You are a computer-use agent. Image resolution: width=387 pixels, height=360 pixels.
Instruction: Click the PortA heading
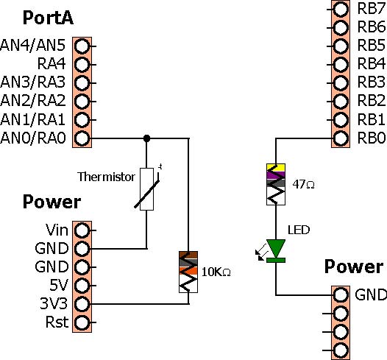pos(48,18)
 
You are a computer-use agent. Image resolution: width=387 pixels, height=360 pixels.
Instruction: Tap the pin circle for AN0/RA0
pos(82,138)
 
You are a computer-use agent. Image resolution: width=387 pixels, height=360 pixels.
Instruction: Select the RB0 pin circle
pos(341,138)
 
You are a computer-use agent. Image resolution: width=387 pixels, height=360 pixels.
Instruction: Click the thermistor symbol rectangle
pos(146,189)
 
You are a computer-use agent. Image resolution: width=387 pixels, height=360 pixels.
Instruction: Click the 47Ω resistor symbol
pos(276,184)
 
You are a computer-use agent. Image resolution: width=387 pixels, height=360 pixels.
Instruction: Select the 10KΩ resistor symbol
pos(188,272)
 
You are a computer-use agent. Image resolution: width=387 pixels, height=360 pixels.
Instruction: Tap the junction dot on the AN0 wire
pos(146,138)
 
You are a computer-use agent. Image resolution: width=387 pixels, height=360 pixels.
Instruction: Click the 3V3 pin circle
pos(82,304)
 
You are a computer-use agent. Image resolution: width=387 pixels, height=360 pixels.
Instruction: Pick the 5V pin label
pos(59,285)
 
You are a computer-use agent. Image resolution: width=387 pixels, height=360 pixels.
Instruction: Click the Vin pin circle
pos(82,230)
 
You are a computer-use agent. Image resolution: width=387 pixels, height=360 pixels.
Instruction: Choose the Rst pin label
pos(57,322)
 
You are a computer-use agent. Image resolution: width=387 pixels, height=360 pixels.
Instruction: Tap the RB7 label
pos(372,9)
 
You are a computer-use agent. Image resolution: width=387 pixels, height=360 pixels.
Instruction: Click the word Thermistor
pos(106,177)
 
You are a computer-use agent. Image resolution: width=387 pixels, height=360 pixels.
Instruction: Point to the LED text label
pos(299,230)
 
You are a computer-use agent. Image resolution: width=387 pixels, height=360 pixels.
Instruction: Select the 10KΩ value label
pos(216,272)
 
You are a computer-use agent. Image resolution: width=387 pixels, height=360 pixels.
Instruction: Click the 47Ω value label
pos(303,184)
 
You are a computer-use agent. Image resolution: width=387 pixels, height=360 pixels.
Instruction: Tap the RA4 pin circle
pos(82,65)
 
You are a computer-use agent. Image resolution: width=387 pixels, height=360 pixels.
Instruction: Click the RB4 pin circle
pos(341,65)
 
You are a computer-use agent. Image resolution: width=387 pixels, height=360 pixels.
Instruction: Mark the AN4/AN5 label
pos(33,46)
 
